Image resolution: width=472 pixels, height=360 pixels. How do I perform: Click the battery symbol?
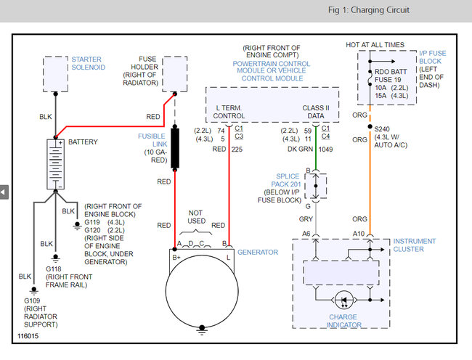click(x=55, y=164)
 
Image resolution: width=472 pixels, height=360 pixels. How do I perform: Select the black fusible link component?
click(x=175, y=148)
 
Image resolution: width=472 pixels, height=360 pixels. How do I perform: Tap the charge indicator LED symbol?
click(x=343, y=300)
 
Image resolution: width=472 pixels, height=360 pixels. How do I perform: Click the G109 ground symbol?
click(x=33, y=290)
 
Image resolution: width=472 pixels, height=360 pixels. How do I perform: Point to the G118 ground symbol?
click(x=55, y=258)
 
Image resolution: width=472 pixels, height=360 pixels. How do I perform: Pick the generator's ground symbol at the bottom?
click(x=202, y=330)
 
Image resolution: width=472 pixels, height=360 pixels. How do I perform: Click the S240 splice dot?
click(x=370, y=126)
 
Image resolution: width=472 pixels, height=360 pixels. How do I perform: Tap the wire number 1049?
click(x=325, y=150)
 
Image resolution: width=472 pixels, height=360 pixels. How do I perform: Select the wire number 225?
click(x=237, y=150)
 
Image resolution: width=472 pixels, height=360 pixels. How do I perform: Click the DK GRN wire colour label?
click(x=300, y=150)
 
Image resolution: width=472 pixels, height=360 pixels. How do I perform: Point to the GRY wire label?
click(x=306, y=219)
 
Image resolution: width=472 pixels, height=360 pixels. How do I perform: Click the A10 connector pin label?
click(x=359, y=234)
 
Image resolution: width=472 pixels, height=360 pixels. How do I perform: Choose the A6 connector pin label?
click(x=306, y=234)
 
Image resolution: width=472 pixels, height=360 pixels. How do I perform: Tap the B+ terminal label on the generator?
click(x=176, y=258)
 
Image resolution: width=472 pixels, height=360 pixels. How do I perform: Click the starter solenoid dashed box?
click(x=55, y=74)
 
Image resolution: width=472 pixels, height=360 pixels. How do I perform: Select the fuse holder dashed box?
click(x=175, y=74)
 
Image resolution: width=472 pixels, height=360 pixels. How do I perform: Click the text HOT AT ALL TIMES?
click(x=375, y=45)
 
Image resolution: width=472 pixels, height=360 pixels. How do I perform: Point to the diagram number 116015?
click(x=28, y=336)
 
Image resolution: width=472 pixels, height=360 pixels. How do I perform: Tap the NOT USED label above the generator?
click(x=196, y=217)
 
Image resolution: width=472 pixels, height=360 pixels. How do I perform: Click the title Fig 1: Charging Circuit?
click(x=369, y=10)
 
